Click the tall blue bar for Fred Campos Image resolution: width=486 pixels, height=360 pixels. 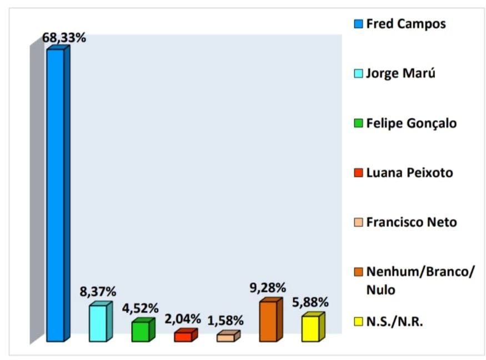tap(56, 194)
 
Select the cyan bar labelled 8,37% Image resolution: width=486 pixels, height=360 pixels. tap(98, 323)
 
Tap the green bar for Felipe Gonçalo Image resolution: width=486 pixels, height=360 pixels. tap(141, 331)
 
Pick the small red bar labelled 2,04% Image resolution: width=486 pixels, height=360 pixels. tap(183, 337)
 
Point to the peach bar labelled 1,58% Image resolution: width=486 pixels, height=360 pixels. tap(226, 337)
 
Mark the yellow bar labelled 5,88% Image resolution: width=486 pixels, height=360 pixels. tap(310, 328)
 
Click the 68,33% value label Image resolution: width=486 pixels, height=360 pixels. tap(63, 39)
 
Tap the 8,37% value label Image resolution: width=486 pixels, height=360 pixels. tap(97, 292)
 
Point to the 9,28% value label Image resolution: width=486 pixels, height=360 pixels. tap(268, 288)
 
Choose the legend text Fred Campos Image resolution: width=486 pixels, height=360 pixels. tap(405, 24)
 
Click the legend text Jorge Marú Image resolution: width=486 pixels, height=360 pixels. tap(400, 73)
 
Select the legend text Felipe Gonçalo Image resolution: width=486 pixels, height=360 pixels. tap(411, 123)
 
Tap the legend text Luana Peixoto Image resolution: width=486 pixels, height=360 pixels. tap(409, 173)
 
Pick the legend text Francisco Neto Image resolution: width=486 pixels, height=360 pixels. tap(411, 222)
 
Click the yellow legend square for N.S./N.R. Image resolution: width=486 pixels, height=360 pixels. tap(359, 322)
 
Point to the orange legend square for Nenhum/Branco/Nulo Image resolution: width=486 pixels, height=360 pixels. tap(359, 272)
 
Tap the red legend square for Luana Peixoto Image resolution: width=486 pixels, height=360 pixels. tap(359, 173)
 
